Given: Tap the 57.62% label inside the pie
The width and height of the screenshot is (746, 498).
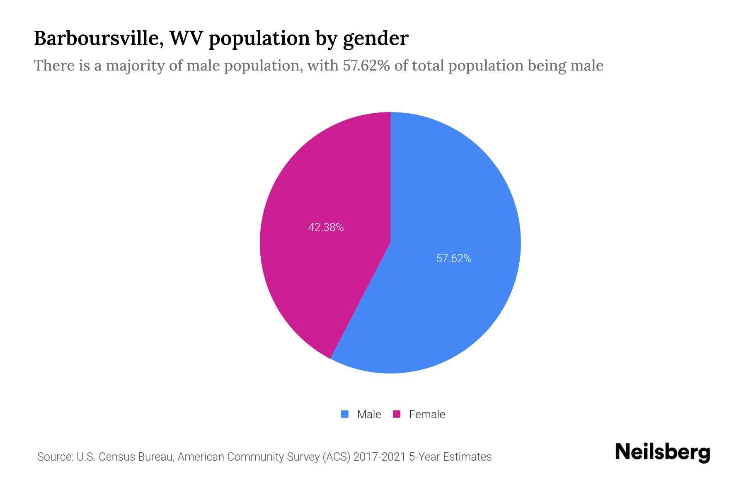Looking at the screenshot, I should tap(454, 259).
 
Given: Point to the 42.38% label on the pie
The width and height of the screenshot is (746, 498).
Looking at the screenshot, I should tap(326, 227).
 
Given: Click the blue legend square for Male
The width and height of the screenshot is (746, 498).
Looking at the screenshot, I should tap(344, 414).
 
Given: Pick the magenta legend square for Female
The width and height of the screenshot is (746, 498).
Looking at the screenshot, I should tap(397, 414).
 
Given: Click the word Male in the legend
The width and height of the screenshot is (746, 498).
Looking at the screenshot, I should tap(369, 414).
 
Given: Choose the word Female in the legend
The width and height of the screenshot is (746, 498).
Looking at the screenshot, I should tap(427, 414).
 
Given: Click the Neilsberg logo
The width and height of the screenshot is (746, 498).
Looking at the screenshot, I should tap(662, 452).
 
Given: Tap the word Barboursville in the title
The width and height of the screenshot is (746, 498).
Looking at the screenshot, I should tap(99, 38).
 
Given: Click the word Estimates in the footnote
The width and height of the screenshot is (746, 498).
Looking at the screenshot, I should tap(467, 457).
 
